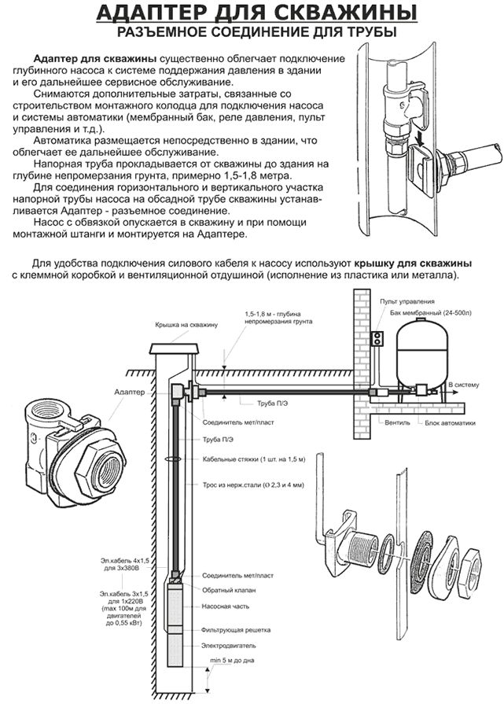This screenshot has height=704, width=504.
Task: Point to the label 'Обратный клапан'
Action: coord(229,589)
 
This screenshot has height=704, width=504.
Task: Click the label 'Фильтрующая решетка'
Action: coord(236,630)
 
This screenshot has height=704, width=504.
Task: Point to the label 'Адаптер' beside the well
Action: coord(131,391)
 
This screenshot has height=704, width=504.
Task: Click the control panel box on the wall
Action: coord(378,338)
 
